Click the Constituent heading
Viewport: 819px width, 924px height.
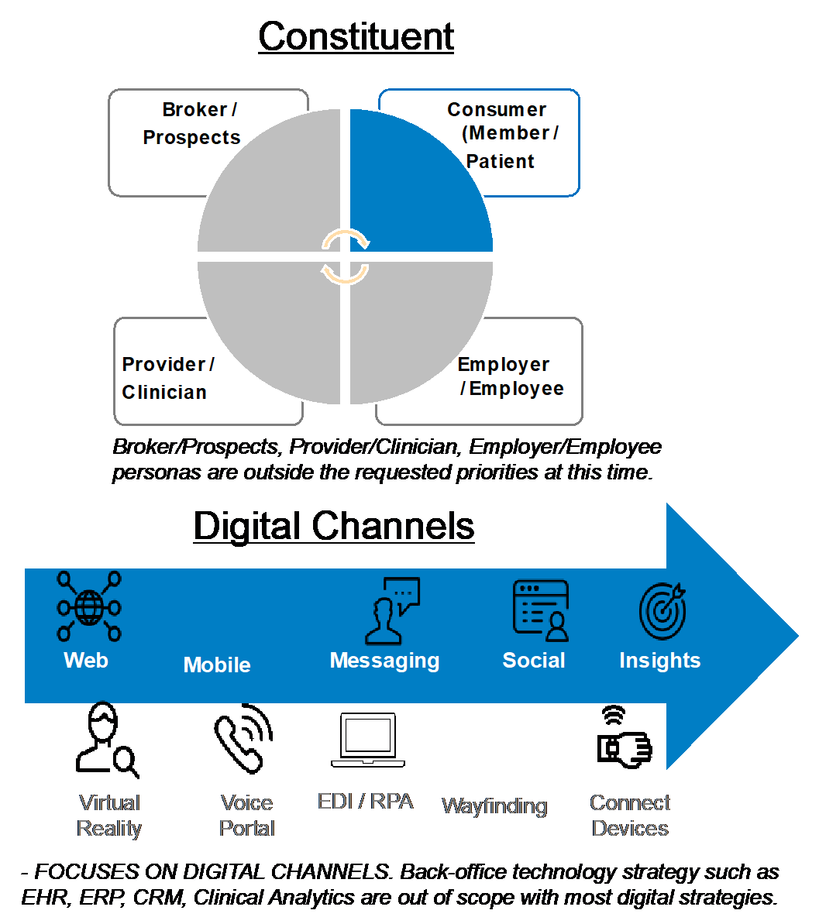(356, 36)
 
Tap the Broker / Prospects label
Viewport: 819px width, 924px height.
(192, 123)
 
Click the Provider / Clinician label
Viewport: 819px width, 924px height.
(167, 378)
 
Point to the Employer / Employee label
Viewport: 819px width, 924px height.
(511, 376)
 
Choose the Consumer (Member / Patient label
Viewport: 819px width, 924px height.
(502, 135)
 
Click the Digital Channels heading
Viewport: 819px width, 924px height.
(334, 526)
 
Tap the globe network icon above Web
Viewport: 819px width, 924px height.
(89, 606)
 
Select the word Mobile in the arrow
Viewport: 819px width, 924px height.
(217, 665)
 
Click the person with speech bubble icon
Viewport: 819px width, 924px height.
(391, 610)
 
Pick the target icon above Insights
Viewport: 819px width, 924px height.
(663, 610)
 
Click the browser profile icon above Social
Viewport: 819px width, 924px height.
(541, 610)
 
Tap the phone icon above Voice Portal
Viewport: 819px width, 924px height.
(243, 738)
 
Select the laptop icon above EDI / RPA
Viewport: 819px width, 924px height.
(368, 740)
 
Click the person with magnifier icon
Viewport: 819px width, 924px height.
(107, 739)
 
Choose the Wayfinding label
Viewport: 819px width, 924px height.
(494, 805)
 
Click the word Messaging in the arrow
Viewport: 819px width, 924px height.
(384, 661)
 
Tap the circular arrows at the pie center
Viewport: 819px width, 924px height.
(345, 257)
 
